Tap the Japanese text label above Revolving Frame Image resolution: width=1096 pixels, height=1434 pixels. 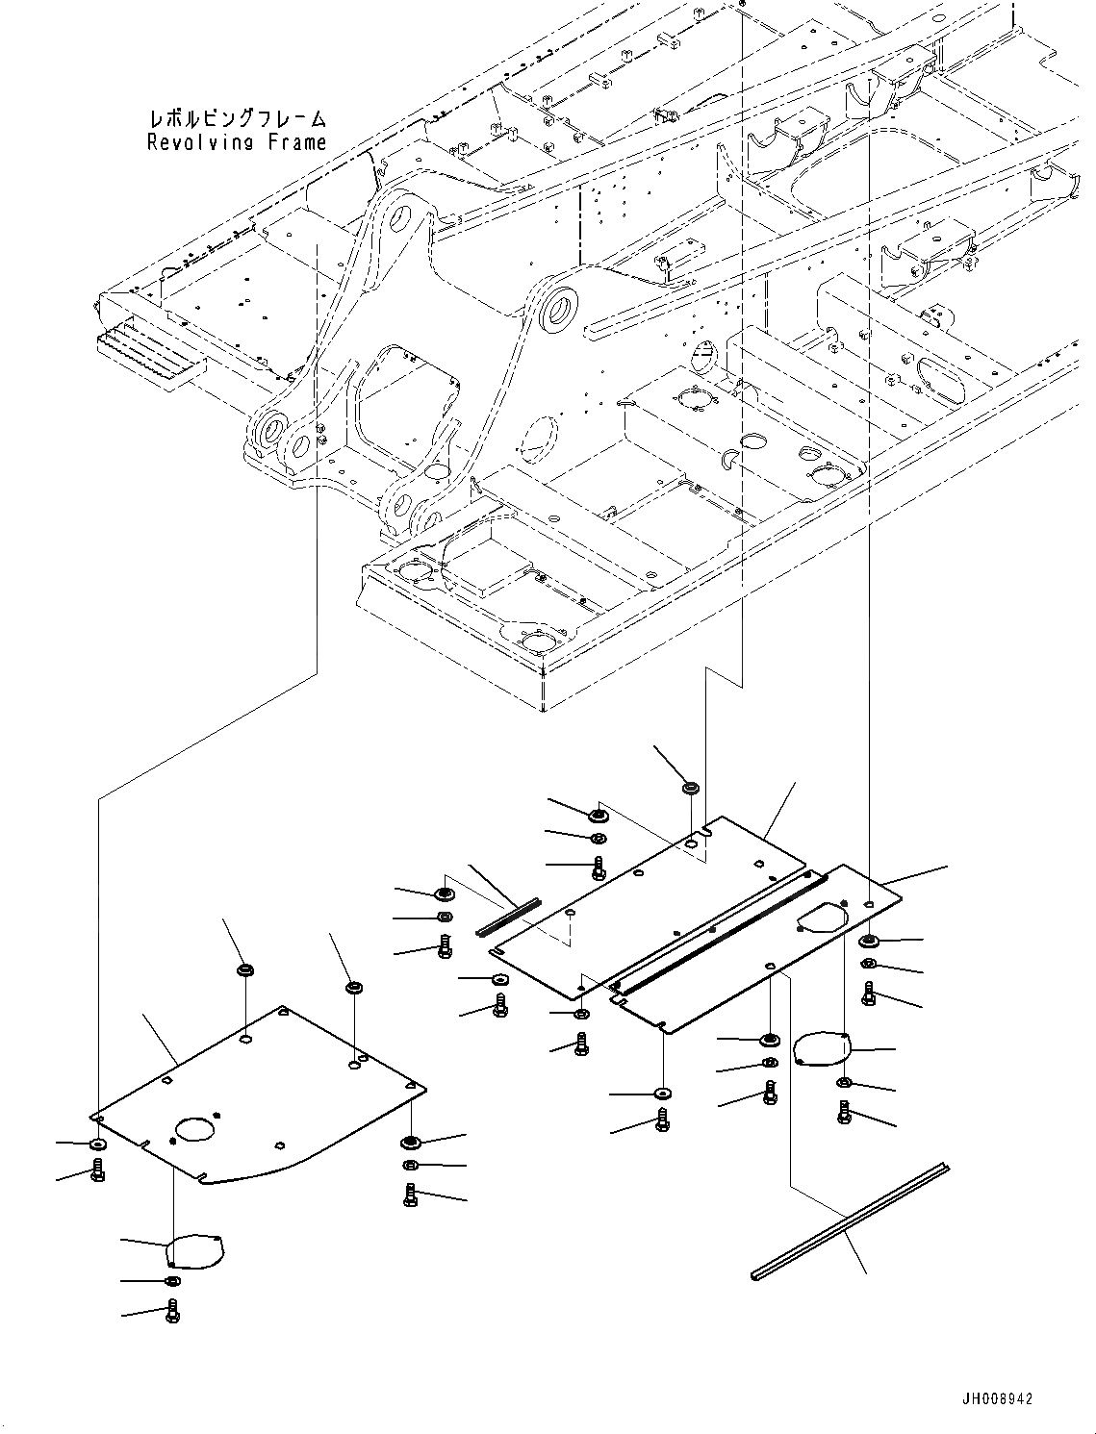coord(237,119)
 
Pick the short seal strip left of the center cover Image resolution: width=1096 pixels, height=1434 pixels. coord(509,917)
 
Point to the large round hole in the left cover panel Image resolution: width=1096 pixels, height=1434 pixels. coord(198,1129)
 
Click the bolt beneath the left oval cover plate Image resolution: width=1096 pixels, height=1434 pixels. coord(172,1311)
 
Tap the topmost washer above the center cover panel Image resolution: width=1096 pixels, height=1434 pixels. coord(690,789)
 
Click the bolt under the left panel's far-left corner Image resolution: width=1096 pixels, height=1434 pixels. coord(97,1170)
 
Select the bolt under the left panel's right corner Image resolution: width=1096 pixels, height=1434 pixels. coord(411,1195)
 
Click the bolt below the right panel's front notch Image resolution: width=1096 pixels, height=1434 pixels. coord(662,1120)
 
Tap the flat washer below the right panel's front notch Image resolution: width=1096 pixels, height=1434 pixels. coord(662,1094)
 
